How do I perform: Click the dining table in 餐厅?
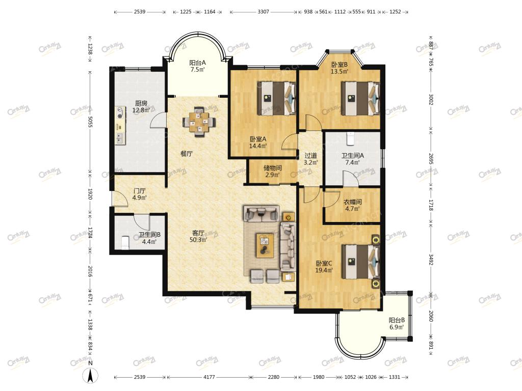199,122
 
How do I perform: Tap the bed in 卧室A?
276,98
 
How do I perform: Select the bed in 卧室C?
361,261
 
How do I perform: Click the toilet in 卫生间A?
350,138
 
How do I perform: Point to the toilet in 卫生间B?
125,242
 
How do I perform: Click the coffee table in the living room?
265,245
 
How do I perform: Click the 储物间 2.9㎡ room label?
272,171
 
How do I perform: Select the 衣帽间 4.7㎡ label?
353,205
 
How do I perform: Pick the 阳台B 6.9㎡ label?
397,323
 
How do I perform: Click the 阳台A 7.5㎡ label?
197,66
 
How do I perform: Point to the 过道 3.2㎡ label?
310,159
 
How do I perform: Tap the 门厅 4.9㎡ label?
139,194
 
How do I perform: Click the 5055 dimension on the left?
90,121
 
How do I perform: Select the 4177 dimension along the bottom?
209,377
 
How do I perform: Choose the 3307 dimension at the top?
263,12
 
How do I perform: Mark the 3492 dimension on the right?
431,260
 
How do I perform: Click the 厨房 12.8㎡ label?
141,107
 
